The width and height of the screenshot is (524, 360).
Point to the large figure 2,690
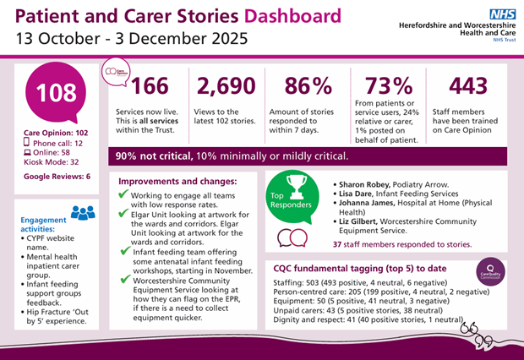[223, 86]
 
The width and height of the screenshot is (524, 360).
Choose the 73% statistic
[389, 86]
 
